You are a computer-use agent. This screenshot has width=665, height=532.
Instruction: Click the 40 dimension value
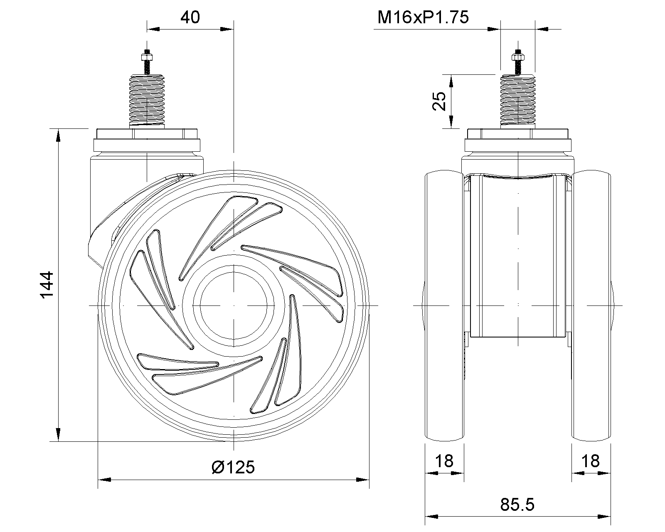(190, 17)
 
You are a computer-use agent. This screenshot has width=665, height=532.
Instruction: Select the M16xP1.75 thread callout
(423, 17)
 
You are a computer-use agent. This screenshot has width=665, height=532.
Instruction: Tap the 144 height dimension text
(47, 285)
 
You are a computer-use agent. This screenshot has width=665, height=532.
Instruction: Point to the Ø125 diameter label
(233, 467)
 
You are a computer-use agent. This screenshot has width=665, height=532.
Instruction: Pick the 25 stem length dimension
(439, 101)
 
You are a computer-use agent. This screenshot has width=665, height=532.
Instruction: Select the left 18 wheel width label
(444, 461)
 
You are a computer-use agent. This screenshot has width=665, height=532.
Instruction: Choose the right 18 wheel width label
(591, 461)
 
